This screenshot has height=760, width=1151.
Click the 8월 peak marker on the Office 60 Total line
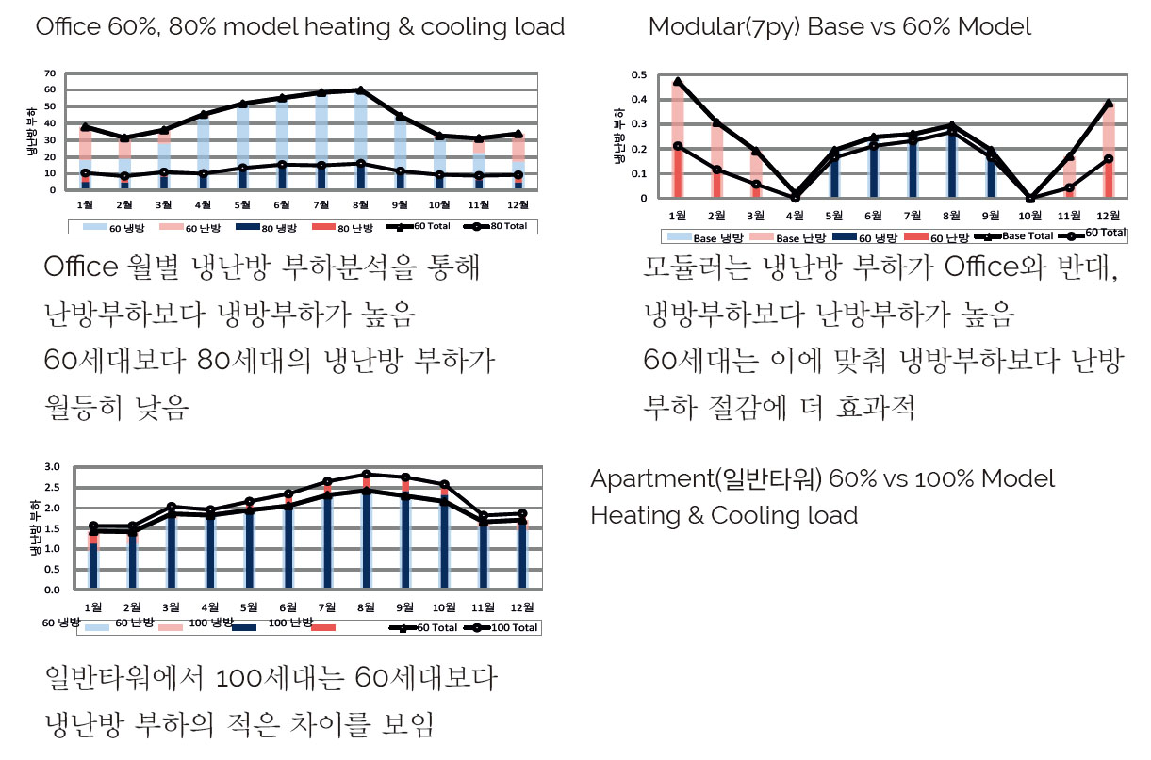(x=359, y=90)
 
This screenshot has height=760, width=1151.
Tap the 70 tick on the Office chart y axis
(x=50, y=73)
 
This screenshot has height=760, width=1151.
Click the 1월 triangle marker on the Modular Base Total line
(x=678, y=82)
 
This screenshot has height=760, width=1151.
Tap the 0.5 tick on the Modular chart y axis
(x=639, y=74)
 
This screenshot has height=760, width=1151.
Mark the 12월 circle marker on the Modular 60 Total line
(x=1109, y=159)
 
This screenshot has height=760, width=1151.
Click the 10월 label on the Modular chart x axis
(x=1029, y=216)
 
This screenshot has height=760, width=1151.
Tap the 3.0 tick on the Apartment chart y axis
(x=53, y=467)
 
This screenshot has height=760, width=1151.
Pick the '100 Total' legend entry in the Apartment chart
(x=514, y=627)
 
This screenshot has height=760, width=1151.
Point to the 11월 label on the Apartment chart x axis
(x=483, y=606)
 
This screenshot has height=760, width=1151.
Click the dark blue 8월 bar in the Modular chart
(x=951, y=165)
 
